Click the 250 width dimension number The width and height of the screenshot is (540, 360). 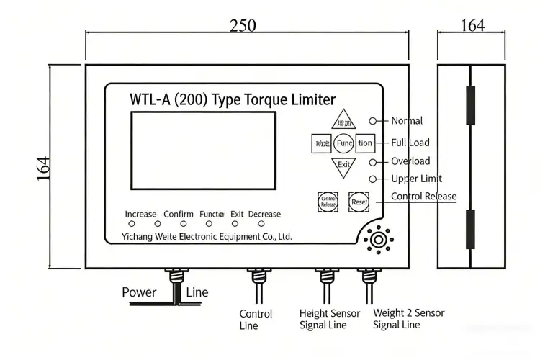[243, 26]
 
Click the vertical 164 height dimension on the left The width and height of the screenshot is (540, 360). [45, 168]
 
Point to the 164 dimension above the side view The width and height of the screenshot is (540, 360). [472, 26]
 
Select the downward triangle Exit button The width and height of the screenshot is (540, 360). [344, 166]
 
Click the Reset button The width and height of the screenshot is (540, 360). [359, 202]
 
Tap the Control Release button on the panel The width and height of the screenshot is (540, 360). [328, 202]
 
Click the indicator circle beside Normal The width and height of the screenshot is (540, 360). [373, 121]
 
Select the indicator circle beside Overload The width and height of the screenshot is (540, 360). [373, 161]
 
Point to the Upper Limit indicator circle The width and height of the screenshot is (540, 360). [373, 179]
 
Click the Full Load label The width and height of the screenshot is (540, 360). [410, 143]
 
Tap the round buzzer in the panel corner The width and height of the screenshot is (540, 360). [377, 239]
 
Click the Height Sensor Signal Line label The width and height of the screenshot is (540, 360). [329, 319]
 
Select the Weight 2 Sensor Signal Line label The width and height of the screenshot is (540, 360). [408, 319]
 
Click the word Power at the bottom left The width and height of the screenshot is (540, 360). [139, 292]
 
